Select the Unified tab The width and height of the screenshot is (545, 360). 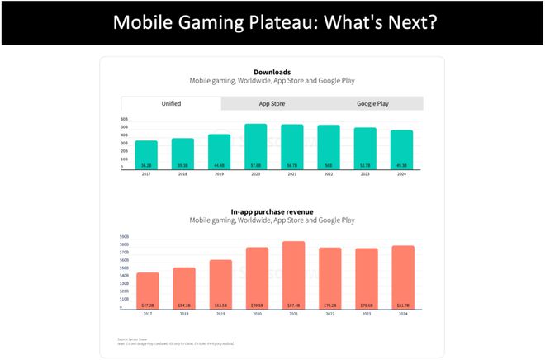point(171,103)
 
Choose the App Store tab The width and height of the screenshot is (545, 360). point(272,103)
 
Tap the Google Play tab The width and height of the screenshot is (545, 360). point(373,103)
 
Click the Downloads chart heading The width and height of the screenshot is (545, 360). point(272,73)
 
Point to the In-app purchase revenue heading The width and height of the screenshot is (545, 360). point(272,211)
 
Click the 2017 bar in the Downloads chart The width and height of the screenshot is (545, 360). point(146,154)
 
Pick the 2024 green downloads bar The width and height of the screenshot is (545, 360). point(402,149)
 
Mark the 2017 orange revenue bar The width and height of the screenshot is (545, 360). point(147,291)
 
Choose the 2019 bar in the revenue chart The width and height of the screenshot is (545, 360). point(220,284)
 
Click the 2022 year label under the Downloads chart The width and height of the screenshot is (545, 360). point(329,174)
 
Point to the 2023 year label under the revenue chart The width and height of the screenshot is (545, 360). point(366,314)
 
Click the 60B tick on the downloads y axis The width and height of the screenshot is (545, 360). point(124,119)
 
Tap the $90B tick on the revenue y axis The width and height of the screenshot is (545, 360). point(125,237)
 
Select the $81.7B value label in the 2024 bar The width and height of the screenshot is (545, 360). point(402,304)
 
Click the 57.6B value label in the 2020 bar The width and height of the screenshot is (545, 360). point(256,164)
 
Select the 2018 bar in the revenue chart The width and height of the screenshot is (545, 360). point(183,287)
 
